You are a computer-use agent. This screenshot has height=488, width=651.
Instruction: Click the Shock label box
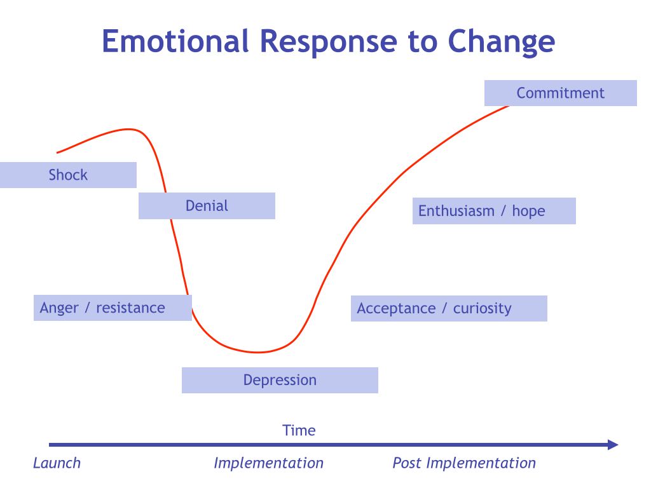68,175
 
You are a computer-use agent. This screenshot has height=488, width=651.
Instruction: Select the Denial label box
207,206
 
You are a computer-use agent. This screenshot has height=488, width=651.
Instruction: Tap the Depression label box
280,380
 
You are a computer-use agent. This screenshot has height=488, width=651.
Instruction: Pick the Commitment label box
560,93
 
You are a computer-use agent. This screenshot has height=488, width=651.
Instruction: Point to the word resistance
130,308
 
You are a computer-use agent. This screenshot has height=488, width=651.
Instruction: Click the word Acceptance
396,309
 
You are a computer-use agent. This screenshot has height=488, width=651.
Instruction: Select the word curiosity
482,309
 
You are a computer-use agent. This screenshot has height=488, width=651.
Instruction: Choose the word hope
528,211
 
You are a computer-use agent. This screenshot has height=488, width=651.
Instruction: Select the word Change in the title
501,41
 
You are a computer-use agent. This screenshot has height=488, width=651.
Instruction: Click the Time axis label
299,430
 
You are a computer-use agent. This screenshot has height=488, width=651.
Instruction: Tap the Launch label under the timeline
57,463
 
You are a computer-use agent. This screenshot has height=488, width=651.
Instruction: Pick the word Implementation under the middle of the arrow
268,463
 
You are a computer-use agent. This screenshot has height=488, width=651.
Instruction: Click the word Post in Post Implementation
407,463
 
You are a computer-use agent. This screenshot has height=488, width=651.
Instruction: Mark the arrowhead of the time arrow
613,445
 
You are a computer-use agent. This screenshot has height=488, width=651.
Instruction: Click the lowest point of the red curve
257,352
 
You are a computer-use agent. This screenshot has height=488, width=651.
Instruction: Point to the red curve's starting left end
58,152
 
